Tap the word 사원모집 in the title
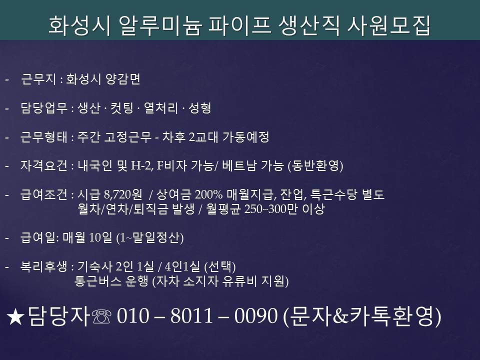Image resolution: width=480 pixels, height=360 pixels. point(389,25)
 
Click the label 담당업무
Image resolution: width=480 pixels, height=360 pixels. point(44,108)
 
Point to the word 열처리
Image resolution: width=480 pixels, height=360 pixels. point(160,108)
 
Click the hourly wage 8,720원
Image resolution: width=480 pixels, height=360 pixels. point(123,194)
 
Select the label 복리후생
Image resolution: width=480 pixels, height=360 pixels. point(44,266)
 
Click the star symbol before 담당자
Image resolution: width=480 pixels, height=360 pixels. point(15,317)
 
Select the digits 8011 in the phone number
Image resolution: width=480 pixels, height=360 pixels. point(191,316)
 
